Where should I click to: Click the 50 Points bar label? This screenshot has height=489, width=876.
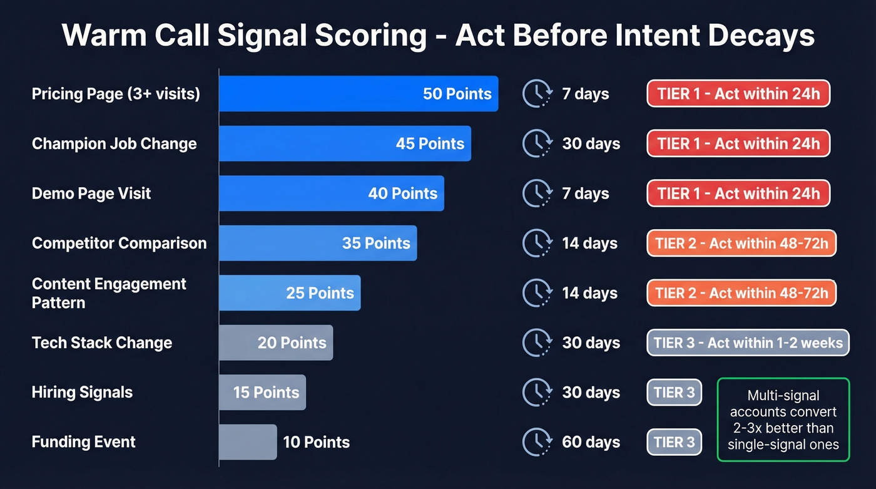coord(457,94)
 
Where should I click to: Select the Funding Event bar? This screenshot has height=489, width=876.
coord(248,442)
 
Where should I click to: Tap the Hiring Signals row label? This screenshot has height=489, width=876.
coord(82,393)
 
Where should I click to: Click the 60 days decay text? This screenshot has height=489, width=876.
coord(591,442)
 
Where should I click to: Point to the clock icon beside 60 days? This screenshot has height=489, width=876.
coord(536,442)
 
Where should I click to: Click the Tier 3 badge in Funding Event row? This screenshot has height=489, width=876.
coord(674,442)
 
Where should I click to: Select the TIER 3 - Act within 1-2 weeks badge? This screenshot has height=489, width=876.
coord(748,343)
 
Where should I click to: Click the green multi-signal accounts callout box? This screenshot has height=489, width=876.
coord(783,420)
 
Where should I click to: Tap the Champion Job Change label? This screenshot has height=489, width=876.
coord(114,143)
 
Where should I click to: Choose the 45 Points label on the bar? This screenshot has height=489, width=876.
coord(430,143)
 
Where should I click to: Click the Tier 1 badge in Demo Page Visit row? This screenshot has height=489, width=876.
coord(738,193)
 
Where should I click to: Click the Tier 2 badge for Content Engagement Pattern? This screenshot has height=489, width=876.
coord(741,293)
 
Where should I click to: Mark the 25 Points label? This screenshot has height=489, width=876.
coord(320,293)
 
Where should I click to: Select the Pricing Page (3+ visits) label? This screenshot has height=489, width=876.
coord(116,94)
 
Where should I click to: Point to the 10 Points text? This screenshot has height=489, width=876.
coord(316,442)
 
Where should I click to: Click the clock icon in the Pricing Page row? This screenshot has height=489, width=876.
coord(536,94)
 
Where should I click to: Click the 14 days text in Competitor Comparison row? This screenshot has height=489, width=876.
coord(589,244)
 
